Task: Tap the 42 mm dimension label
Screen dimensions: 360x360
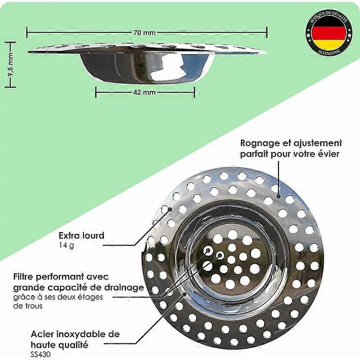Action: [x=144, y=92]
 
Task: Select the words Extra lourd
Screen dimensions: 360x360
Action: [x=81, y=235]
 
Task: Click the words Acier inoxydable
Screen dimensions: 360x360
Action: [x=75, y=334]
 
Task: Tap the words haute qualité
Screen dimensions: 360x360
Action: [x=59, y=345]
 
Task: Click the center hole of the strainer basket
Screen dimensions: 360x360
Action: [x=231, y=260]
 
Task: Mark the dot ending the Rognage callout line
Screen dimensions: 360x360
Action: [x=279, y=196]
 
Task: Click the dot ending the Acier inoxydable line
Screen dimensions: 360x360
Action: [x=186, y=294]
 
